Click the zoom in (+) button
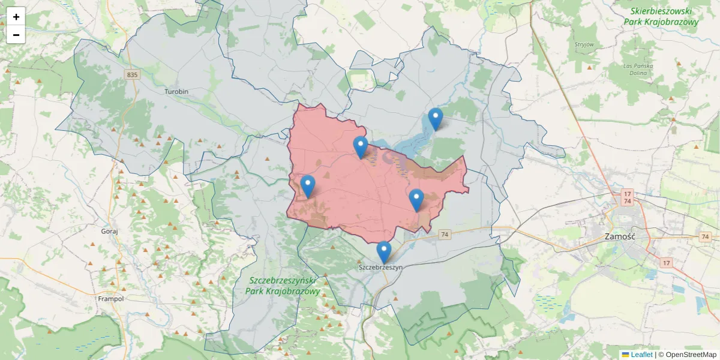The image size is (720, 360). click(16, 17)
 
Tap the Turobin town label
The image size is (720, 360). click(176, 91)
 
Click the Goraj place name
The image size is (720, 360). click(110, 230)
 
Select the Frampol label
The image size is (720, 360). click(110, 298)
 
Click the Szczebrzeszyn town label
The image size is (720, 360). click(379, 266)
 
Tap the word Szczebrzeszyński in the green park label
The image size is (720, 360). click(282, 280)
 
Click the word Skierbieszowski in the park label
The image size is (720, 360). click(661, 11)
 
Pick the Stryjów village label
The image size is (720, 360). click(584, 44)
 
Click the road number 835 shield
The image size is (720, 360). click(132, 74)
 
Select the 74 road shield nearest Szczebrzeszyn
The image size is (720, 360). click(444, 234)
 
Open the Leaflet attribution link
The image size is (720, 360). click(641, 355)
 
